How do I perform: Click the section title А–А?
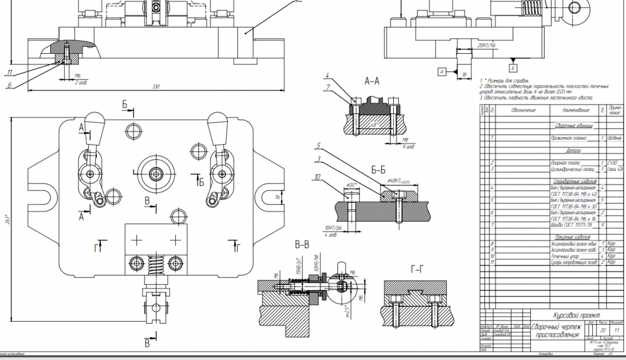pos(372,81)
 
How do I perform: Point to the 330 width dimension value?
pos(156,87)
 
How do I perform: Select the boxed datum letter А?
pos(442,73)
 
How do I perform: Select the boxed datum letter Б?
pos(512,67)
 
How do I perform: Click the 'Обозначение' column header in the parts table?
pos(523,110)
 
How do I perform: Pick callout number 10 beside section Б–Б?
pos(318,177)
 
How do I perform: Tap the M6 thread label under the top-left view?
pos(78,75)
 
